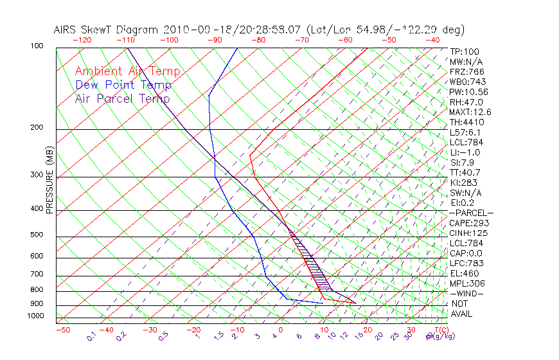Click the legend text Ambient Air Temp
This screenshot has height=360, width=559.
tap(128, 71)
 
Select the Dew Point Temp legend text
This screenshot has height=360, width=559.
tap(123, 85)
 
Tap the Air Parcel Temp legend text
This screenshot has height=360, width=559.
tap(123, 98)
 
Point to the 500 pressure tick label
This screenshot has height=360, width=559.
tap(36, 235)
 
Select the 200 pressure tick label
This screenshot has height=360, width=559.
tap(36, 127)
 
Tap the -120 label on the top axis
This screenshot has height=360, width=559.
tap(82, 40)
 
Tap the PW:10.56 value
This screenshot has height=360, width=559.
tap(466, 92)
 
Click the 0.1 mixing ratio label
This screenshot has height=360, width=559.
tap(91, 337)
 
